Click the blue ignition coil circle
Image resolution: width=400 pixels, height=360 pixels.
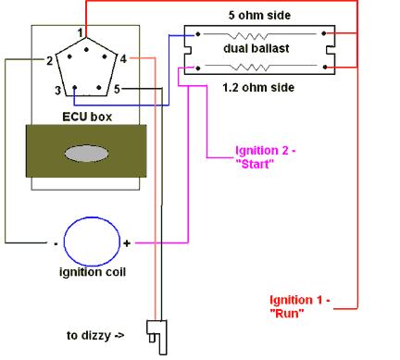click(x=91, y=242)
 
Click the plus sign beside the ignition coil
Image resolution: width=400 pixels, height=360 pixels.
click(x=127, y=243)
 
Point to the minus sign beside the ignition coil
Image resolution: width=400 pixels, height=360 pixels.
click(x=56, y=243)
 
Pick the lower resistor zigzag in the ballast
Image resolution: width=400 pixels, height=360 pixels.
click(x=261, y=66)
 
